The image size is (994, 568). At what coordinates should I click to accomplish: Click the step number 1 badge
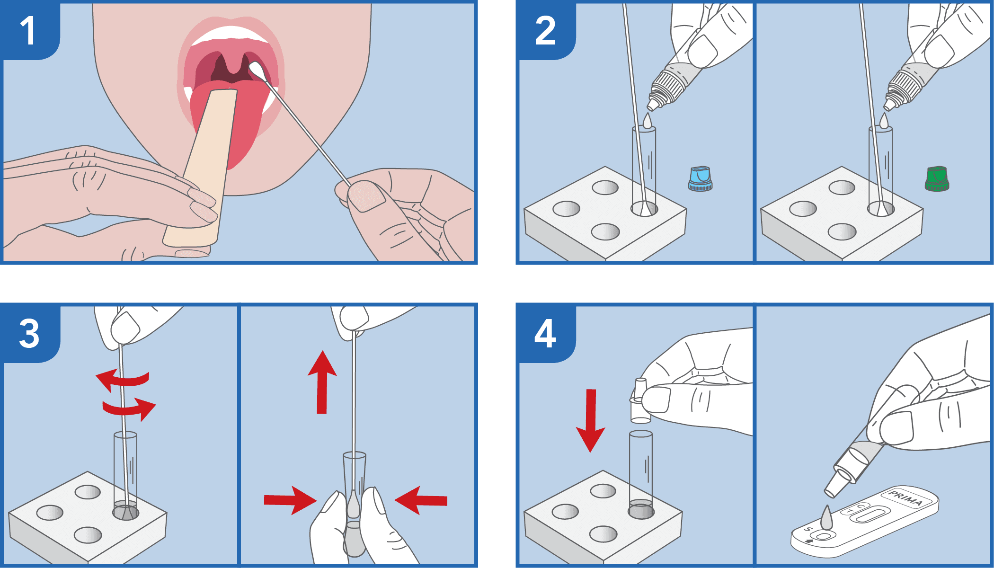(x=28, y=31)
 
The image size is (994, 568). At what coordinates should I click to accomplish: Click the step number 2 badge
(x=545, y=31)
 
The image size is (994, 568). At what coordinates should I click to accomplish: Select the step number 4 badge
(x=545, y=334)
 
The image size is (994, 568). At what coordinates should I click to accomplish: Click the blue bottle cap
(x=700, y=178)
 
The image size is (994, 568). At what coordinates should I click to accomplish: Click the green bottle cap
(x=937, y=178)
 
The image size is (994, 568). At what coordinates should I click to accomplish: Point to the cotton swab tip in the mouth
(x=257, y=71)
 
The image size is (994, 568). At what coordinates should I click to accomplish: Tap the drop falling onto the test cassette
(x=826, y=518)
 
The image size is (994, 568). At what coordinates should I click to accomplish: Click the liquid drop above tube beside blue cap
(x=647, y=121)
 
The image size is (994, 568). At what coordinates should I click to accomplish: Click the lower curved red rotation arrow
(x=130, y=408)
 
